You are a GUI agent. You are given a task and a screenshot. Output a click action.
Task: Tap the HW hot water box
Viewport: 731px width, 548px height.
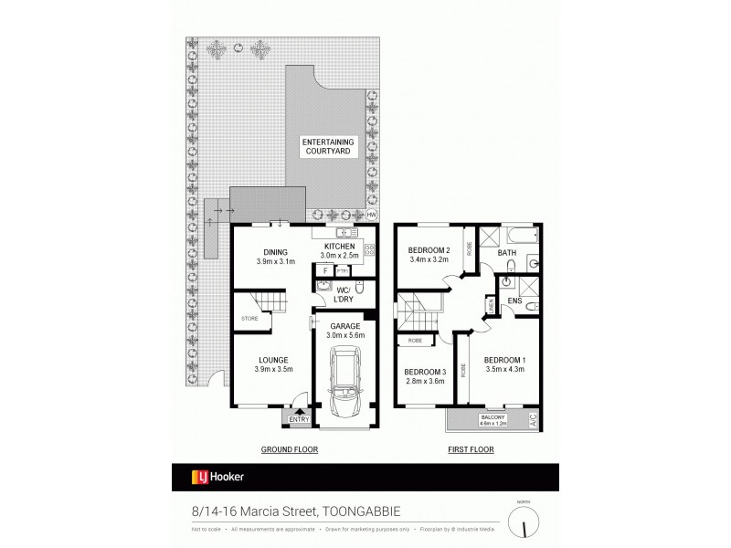[x=372, y=215]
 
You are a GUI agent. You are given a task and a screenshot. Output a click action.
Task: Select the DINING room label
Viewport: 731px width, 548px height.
[x=276, y=253]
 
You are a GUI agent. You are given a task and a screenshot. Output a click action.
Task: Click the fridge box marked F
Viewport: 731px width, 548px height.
[x=324, y=270]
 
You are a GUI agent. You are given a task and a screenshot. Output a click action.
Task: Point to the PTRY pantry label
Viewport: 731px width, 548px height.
[x=343, y=270]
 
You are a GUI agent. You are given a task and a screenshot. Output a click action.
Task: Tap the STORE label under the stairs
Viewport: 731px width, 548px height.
[x=249, y=318]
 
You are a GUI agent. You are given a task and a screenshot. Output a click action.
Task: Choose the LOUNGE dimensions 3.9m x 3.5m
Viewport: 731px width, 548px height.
[x=273, y=369]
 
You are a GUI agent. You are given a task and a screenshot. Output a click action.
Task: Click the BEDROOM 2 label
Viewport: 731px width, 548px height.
[x=429, y=250]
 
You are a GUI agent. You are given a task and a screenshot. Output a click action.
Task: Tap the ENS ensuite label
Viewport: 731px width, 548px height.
[x=514, y=299]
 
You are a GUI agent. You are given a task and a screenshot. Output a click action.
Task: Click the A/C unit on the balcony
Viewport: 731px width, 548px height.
[x=532, y=420]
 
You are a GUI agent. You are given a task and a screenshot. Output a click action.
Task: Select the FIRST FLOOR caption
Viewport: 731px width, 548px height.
[x=471, y=449]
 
